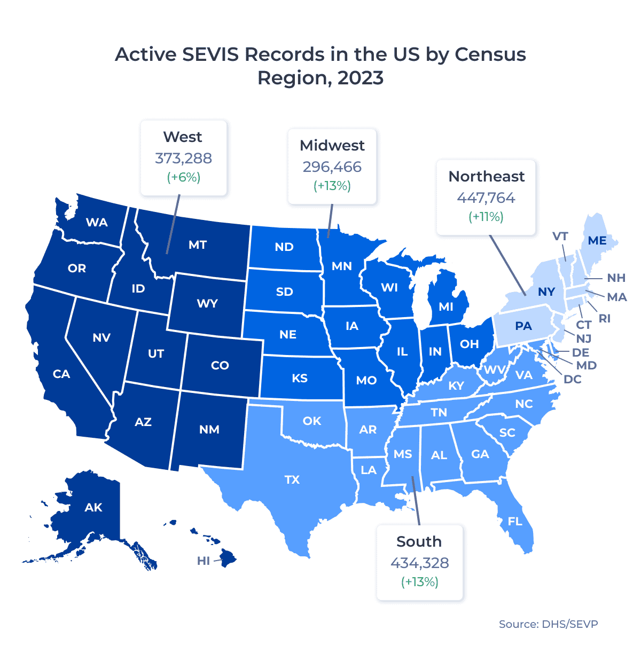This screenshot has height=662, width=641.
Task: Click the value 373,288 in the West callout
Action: point(183,159)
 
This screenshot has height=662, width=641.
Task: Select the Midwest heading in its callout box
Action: point(332,146)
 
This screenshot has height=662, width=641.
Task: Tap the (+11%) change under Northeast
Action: point(486,217)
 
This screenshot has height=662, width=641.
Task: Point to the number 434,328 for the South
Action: point(419,563)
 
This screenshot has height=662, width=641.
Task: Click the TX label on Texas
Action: point(292,479)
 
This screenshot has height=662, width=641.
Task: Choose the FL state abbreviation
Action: point(515,521)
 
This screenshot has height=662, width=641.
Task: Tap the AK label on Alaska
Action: point(93,507)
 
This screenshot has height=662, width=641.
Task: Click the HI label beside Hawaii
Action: point(204,561)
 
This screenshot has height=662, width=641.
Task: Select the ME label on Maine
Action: point(597,241)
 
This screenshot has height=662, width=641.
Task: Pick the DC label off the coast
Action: point(573,379)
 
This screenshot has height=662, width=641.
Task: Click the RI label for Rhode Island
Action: point(604,319)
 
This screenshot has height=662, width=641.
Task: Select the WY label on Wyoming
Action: point(207,304)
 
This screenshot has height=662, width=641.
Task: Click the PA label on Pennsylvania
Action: point(523,326)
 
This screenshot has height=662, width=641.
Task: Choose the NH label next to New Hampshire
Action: point(616,278)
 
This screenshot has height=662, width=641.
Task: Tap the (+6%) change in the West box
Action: point(183,177)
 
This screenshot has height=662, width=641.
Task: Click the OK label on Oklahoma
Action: point(312,421)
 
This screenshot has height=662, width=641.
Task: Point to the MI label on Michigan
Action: point(446,306)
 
